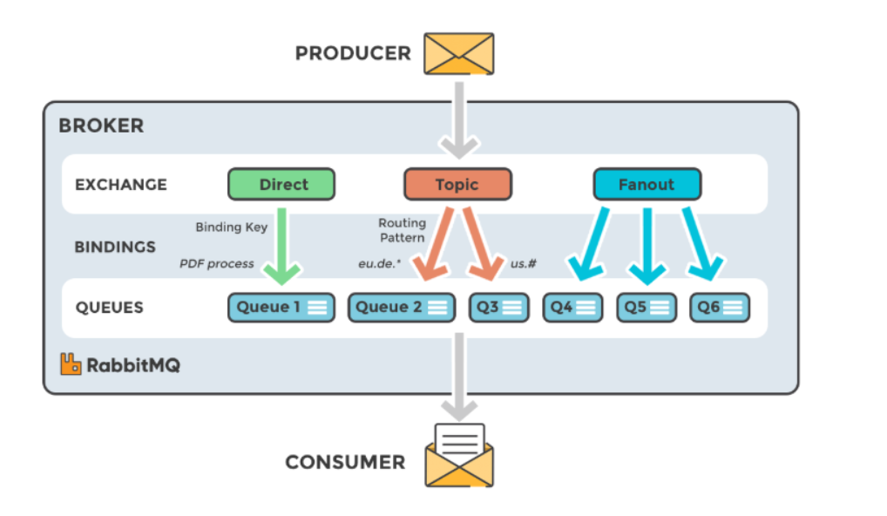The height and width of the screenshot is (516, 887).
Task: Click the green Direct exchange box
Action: (281, 185)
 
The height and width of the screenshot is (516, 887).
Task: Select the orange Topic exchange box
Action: (457, 185)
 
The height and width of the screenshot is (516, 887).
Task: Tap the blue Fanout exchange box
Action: (647, 185)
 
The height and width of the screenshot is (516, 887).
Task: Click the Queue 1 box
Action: (281, 308)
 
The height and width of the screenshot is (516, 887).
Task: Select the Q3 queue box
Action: (498, 308)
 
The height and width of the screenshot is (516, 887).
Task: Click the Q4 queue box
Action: (572, 308)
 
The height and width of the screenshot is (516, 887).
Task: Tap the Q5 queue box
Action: (647, 308)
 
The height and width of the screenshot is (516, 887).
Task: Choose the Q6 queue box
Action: (720, 308)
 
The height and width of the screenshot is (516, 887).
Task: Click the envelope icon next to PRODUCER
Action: (458, 53)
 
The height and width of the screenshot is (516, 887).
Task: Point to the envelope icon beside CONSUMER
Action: (458, 458)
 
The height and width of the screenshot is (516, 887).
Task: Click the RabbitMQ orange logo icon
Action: (71, 364)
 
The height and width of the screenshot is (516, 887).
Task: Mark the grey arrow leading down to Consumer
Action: (458, 375)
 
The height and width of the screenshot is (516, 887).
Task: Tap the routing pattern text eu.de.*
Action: (379, 263)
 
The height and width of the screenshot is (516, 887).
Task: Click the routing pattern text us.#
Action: (523, 263)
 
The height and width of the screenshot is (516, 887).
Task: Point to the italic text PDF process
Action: (217, 263)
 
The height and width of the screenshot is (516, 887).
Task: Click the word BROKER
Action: (101, 126)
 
